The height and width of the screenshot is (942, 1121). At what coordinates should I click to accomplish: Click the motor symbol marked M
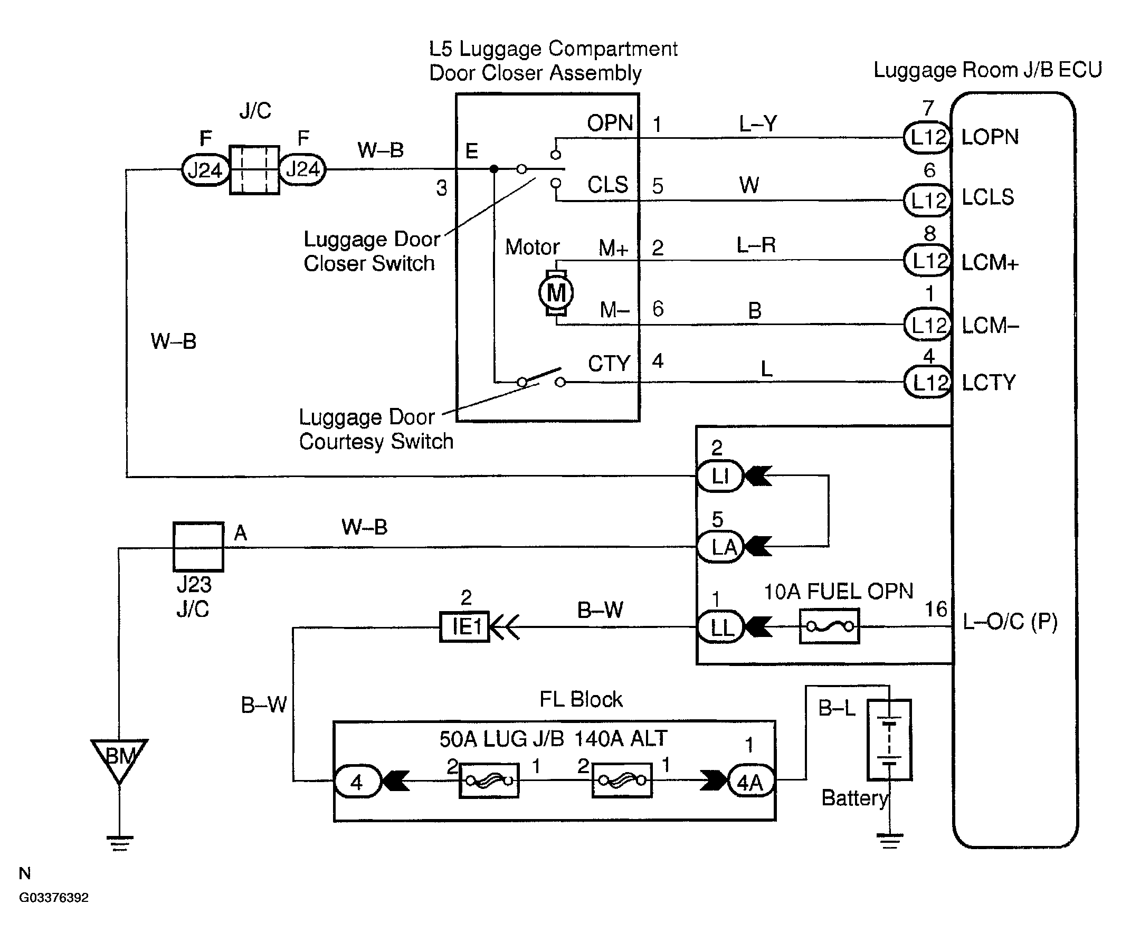coord(556,293)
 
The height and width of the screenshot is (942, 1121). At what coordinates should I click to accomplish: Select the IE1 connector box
coord(464,626)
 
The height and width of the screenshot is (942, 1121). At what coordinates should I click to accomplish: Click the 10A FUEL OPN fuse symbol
coord(829,626)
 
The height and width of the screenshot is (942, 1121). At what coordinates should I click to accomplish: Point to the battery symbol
coord(889,739)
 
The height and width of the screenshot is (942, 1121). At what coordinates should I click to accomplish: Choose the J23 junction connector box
coord(198,546)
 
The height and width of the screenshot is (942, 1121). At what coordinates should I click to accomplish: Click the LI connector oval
coord(720,476)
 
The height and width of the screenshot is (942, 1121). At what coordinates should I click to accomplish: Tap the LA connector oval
coord(720,546)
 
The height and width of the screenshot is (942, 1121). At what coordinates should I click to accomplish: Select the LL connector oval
coord(720,626)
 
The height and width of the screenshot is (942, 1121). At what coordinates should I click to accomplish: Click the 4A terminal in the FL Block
coord(751,782)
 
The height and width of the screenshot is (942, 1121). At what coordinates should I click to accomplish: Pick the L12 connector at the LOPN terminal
coord(928,137)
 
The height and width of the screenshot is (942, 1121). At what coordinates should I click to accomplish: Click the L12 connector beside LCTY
coord(928,382)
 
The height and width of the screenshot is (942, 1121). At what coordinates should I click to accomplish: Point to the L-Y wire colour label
coord(758,124)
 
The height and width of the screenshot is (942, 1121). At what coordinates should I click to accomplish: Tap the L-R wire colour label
coord(756,245)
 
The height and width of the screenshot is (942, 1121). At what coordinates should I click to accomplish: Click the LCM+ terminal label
coord(990,263)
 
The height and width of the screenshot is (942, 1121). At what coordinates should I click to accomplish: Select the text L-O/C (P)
coord(1010,622)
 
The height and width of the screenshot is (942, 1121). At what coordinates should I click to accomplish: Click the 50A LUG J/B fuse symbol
coord(489,781)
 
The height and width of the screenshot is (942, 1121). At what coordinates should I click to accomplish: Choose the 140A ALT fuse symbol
coord(622,781)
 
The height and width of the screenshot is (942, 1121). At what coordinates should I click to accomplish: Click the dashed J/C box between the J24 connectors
coord(254,170)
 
